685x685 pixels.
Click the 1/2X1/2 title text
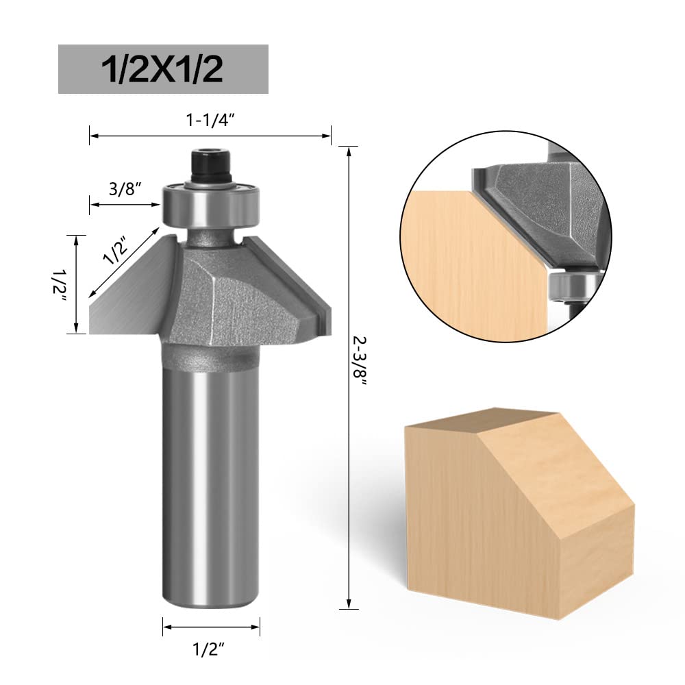162,69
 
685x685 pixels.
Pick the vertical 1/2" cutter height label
60,284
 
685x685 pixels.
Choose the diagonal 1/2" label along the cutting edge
115,250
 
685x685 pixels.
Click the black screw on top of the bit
212,166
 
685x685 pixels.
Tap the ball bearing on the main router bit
212,204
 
